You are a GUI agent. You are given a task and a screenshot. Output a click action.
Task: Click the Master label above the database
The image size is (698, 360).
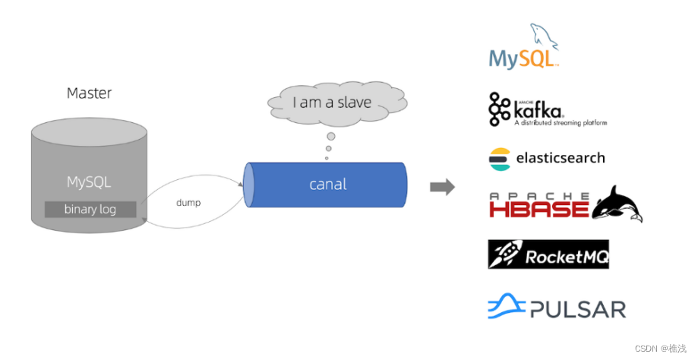pyautogui.click(x=89, y=93)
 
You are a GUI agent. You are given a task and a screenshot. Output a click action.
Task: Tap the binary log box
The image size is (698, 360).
pyautogui.click(x=90, y=209)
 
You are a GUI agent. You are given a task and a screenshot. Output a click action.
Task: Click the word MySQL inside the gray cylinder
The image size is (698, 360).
pyautogui.click(x=89, y=182)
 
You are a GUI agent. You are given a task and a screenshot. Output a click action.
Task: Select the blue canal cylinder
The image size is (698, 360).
pyautogui.click(x=327, y=185)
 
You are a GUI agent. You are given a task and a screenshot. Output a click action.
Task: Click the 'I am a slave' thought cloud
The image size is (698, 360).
pyautogui.click(x=331, y=102)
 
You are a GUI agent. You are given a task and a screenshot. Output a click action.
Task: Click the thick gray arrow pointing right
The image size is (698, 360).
pyautogui.click(x=442, y=186)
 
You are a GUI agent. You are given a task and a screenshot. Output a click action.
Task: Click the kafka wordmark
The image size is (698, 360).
pyautogui.click(x=547, y=108)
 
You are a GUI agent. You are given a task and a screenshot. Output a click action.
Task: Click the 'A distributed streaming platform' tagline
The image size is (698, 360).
pyautogui.click(x=560, y=122)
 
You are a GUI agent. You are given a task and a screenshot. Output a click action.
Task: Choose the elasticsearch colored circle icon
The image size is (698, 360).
pyautogui.click(x=499, y=158)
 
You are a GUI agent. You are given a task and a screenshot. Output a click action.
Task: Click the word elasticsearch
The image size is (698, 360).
pyautogui.click(x=561, y=158)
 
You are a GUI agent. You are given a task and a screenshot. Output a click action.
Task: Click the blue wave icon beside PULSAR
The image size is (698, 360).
pyautogui.click(x=507, y=307)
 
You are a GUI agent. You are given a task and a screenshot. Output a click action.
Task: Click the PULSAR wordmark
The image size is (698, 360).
pyautogui.click(x=578, y=309)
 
